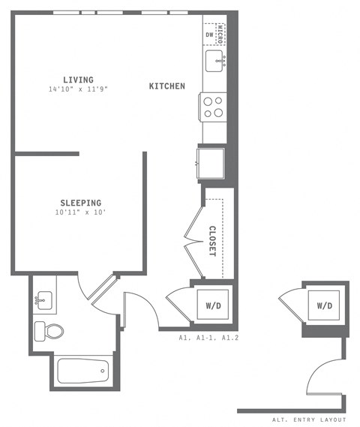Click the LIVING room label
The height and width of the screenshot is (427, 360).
[78, 80]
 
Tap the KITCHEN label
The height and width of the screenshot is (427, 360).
[166, 86]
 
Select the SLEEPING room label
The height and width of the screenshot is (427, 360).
[80, 203]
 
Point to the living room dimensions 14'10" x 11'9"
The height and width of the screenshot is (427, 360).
[78, 90]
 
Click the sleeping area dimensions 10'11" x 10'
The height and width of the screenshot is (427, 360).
[80, 213]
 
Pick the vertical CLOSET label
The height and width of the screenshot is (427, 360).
[212, 241]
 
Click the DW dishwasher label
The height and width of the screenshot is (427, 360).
[209, 35]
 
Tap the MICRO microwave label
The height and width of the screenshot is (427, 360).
[220, 34]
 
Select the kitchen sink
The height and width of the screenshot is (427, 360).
[213, 61]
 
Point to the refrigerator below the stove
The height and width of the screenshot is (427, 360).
[211, 160]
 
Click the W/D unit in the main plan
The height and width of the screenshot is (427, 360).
[212, 305]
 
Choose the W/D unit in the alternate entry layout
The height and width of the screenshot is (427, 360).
[324, 305]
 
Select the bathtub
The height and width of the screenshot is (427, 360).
[83, 370]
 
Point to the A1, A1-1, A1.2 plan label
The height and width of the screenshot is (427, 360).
[208, 338]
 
